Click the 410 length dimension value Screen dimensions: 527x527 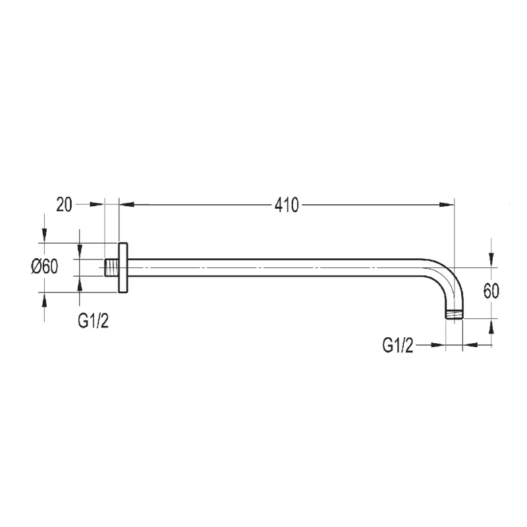[x=287, y=205]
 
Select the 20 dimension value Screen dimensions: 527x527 [x=64, y=204]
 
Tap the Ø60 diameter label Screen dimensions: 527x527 [x=45, y=267]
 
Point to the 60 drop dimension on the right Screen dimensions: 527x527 [x=491, y=291]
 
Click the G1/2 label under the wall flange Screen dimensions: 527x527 [x=93, y=321]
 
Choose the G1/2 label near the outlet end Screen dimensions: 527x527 [x=398, y=345]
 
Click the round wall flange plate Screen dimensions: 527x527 [x=123, y=267]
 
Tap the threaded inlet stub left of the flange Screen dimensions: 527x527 [x=111, y=267]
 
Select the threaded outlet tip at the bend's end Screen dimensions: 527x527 [x=455, y=314]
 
